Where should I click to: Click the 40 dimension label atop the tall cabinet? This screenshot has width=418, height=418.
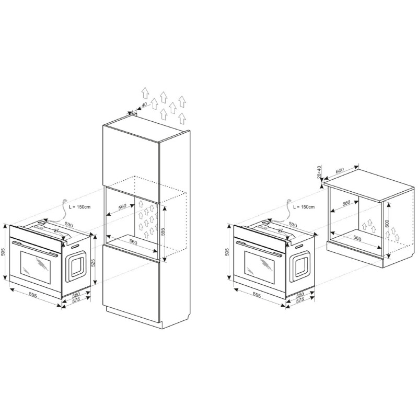pos(144,105)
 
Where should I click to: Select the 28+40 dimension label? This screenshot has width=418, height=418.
pos(319,172)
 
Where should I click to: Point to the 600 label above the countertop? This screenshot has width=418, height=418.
pos(340,171)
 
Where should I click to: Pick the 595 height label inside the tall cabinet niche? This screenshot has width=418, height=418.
pos(163,231)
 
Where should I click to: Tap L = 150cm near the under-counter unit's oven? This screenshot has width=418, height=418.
pos(304,207)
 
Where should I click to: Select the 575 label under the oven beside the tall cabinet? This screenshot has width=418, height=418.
pos(76,300)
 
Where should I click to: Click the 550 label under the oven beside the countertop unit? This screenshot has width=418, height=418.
pos(300,295)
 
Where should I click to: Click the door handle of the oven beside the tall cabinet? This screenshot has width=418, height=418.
pos(34,249)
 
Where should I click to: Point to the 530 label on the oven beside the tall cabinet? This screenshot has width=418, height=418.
pos(69,225)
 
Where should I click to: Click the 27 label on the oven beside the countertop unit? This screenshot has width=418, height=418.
pos(280,230)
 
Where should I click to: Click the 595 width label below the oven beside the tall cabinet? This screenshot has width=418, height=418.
pos(32,295)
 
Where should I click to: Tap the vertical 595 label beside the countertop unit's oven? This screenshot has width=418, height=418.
pos(227,252)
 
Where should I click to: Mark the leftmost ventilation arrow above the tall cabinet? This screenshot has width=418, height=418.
pos(145,92)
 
